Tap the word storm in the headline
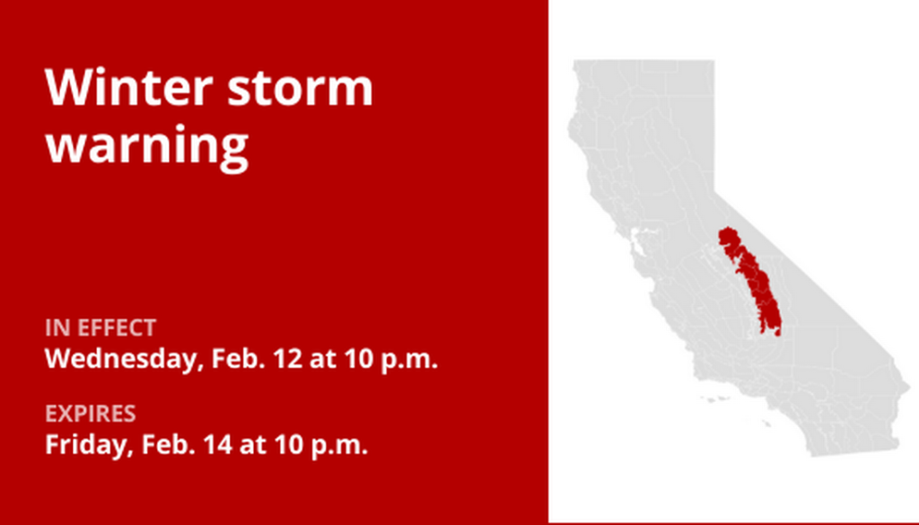300,89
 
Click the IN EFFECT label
101,328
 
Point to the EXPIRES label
91,414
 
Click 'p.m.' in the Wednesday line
409,360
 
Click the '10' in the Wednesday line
359,358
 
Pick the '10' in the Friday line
290,445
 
